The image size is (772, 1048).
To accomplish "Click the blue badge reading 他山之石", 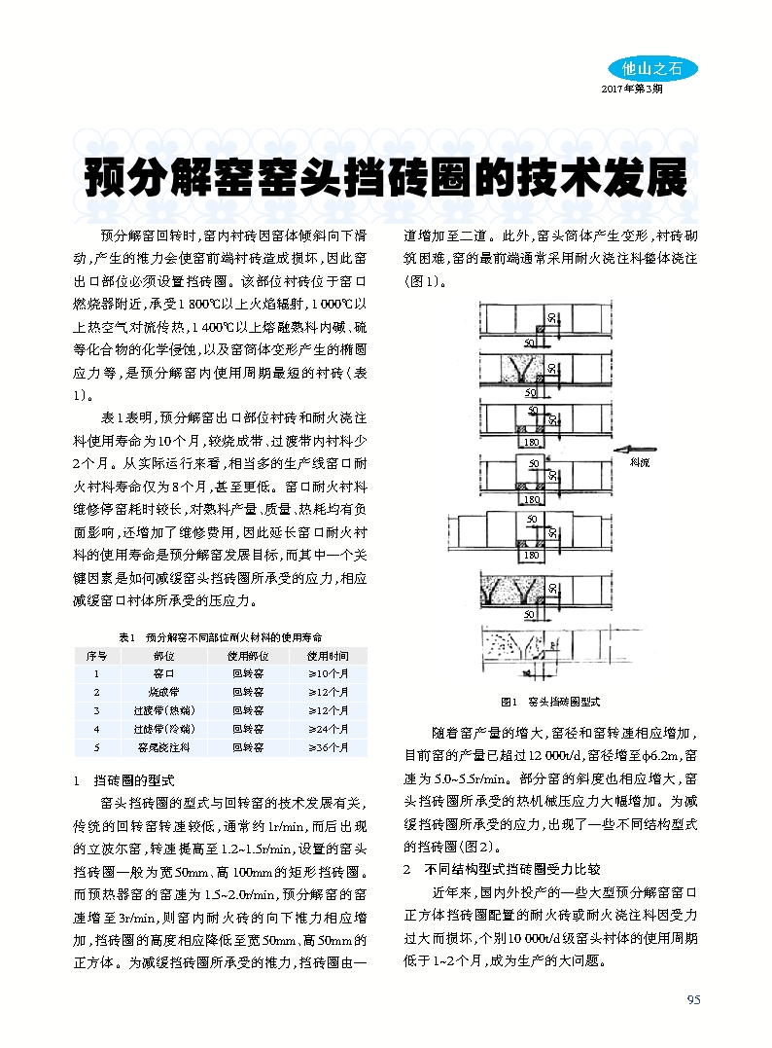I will point(652,68).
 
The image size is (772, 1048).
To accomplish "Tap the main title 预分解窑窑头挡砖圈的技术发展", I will point(385,178).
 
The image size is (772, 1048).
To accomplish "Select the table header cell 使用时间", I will point(328,656).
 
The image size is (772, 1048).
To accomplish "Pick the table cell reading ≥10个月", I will point(328,673).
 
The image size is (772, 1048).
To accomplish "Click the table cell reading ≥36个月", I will point(328,747).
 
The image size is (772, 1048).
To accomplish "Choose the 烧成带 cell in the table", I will point(163,692).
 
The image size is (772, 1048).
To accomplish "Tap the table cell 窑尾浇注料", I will point(163,747).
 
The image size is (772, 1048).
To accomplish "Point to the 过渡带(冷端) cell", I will point(163,729).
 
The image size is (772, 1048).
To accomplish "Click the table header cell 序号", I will point(96,656).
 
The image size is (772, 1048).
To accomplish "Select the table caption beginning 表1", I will point(220,636).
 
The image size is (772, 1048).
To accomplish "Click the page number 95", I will point(693,999).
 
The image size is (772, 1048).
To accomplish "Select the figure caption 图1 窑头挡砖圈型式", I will point(550,701).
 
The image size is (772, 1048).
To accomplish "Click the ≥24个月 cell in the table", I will point(328,729).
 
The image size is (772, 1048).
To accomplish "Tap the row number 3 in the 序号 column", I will point(96,710).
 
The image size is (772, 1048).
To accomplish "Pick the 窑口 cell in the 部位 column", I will point(163,673).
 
